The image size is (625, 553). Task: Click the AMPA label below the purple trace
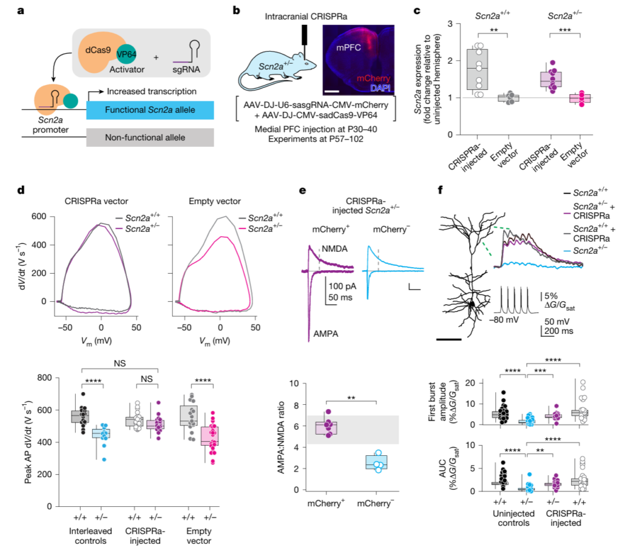(x=327, y=333)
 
